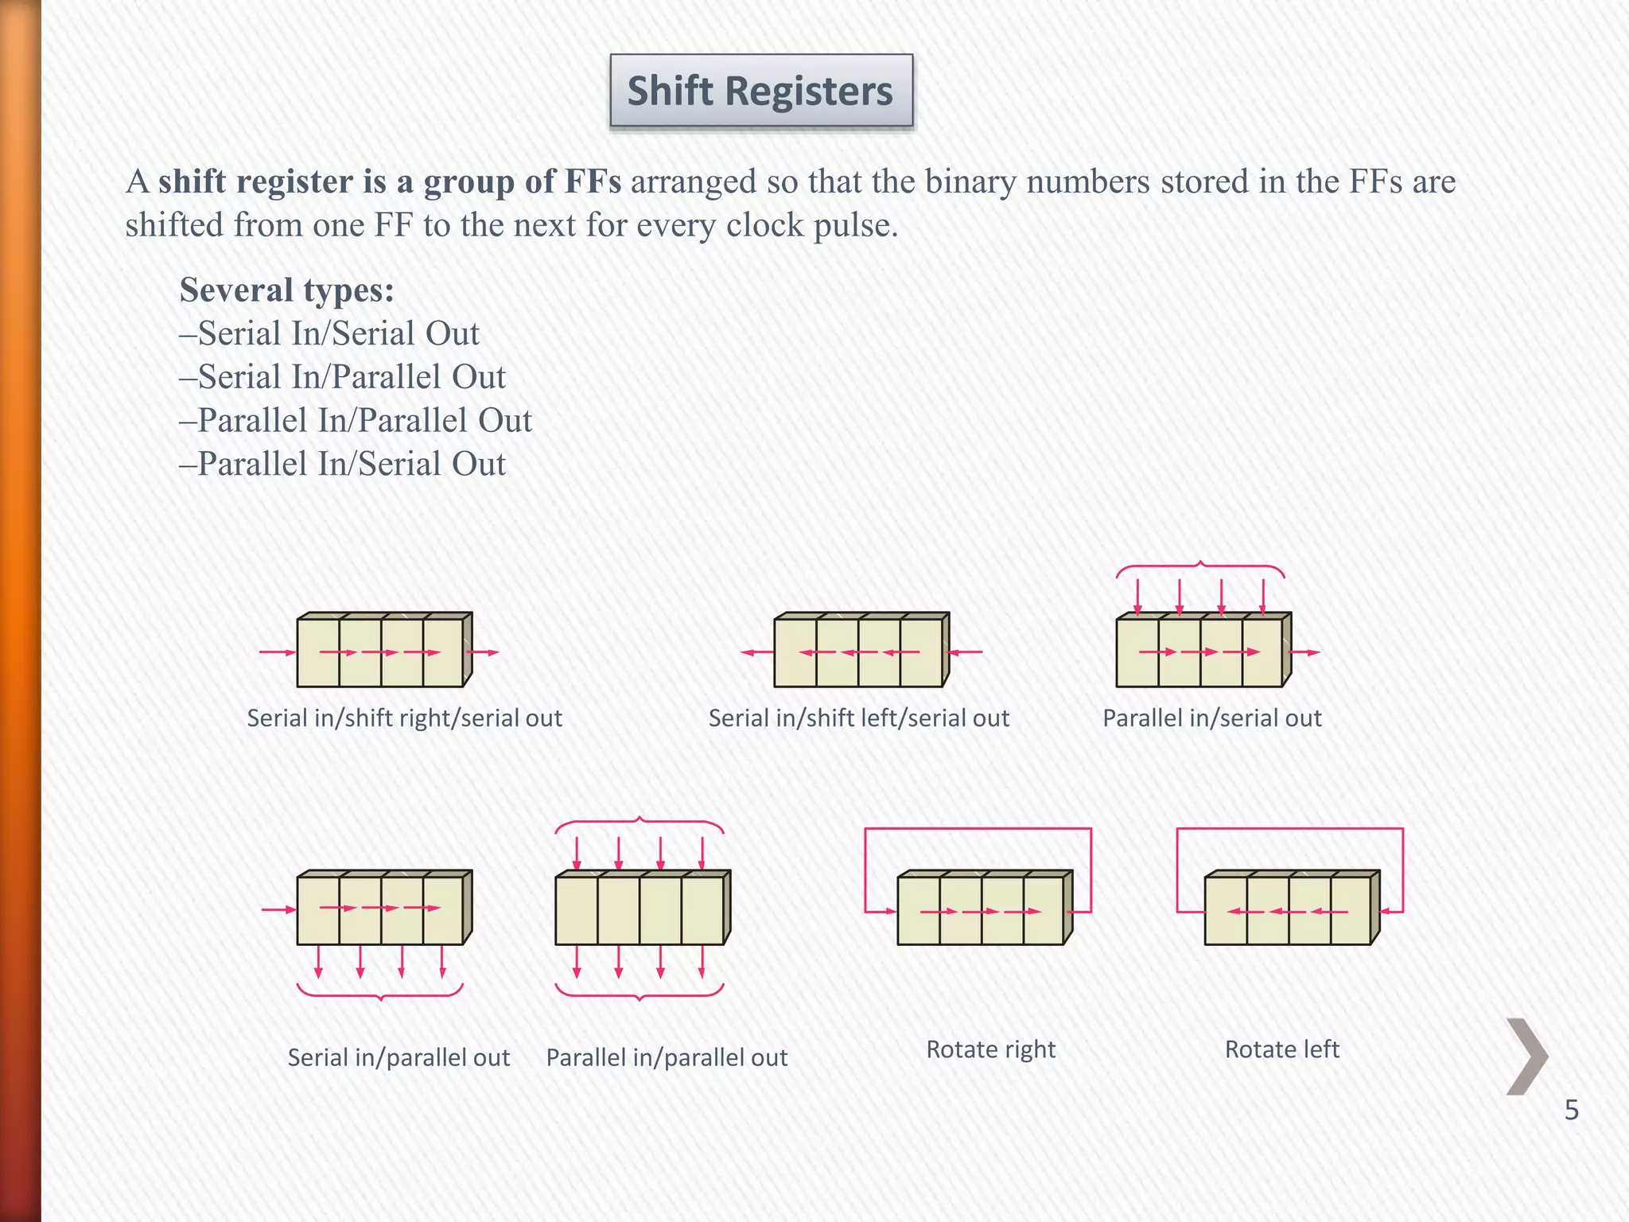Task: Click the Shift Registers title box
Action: [x=761, y=90]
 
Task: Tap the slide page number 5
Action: [x=1571, y=1110]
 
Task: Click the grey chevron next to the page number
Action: [x=1527, y=1057]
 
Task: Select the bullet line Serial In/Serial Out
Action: [x=330, y=333]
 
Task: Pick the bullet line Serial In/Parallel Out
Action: [x=343, y=377]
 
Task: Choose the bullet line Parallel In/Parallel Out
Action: [x=356, y=421]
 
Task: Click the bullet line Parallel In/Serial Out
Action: [x=343, y=465]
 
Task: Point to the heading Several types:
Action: [x=286, y=290]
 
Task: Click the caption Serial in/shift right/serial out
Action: [x=404, y=718]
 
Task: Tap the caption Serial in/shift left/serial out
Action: [x=859, y=718]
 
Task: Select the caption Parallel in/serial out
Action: [x=1211, y=718]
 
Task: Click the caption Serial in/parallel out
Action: [x=399, y=1057]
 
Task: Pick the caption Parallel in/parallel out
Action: [x=667, y=1057]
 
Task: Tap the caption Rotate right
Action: [x=990, y=1049]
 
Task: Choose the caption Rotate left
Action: [x=1281, y=1049]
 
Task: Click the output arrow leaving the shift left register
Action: [x=756, y=652]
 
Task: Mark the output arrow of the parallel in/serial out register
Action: [x=1304, y=652]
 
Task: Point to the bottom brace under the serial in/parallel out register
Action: [x=380, y=992]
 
